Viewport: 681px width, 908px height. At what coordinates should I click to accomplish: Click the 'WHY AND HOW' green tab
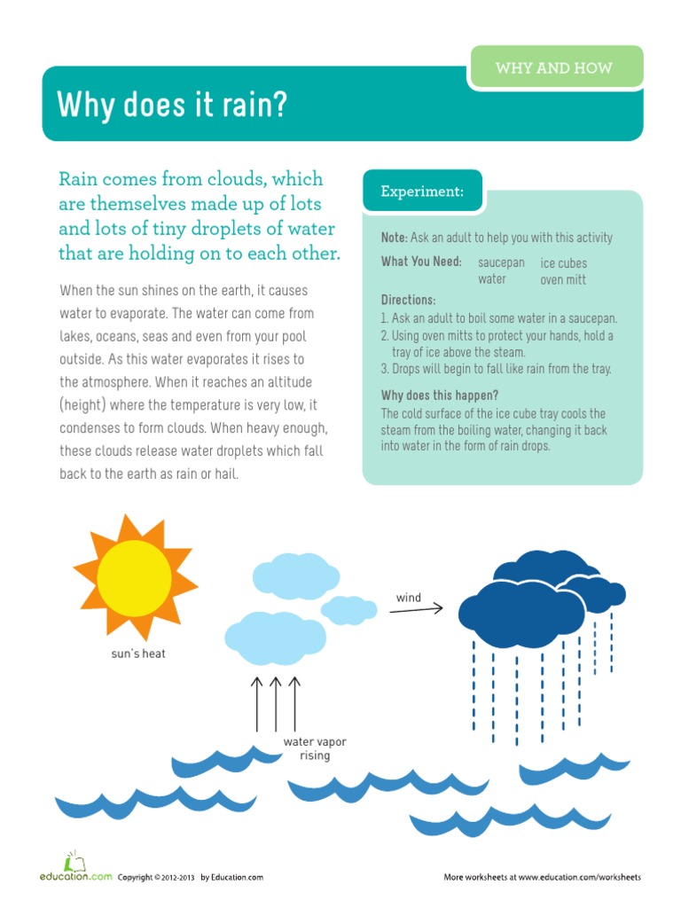click(x=554, y=68)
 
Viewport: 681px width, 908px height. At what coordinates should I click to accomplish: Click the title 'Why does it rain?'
click(x=173, y=106)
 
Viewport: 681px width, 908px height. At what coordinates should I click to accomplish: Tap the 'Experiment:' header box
click(x=422, y=192)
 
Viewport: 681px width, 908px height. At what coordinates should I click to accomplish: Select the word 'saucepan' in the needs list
click(x=501, y=263)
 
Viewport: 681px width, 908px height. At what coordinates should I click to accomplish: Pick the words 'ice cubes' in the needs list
click(x=564, y=263)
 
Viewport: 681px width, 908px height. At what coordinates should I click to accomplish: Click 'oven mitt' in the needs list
click(x=563, y=280)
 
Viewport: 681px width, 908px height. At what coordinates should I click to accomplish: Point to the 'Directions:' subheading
click(x=408, y=301)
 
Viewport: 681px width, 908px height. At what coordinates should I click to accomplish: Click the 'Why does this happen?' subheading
click(x=440, y=395)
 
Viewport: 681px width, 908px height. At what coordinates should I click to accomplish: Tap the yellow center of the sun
click(x=134, y=574)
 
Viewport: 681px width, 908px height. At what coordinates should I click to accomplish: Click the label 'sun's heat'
click(x=138, y=654)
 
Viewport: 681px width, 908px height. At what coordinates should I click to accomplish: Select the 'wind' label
click(x=409, y=598)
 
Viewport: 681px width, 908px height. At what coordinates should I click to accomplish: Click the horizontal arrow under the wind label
click(x=416, y=609)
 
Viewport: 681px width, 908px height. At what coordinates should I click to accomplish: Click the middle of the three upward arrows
click(x=276, y=705)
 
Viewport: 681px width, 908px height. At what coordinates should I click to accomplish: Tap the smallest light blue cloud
click(x=348, y=609)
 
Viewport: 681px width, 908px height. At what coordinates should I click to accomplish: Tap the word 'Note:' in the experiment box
click(x=394, y=239)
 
